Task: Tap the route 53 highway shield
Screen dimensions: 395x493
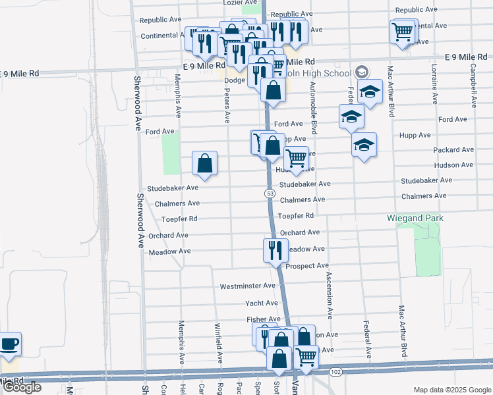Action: point(270,193)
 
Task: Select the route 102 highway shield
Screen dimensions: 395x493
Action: point(335,372)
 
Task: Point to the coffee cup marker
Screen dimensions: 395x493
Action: point(10,344)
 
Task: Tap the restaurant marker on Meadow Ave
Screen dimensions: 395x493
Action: point(274,250)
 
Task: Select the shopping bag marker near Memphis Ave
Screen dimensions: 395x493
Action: point(205,163)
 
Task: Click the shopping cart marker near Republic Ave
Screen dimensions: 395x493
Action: point(402,30)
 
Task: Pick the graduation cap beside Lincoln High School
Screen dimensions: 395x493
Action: point(370,93)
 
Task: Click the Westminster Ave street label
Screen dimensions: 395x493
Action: point(247,286)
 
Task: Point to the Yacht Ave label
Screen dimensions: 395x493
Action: point(262,303)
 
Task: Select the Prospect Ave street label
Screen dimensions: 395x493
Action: point(307,266)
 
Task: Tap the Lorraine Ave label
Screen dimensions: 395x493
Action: point(434,84)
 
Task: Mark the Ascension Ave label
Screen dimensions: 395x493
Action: point(328,290)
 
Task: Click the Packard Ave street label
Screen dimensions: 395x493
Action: point(453,150)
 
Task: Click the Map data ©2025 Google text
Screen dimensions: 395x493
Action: point(452,390)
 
